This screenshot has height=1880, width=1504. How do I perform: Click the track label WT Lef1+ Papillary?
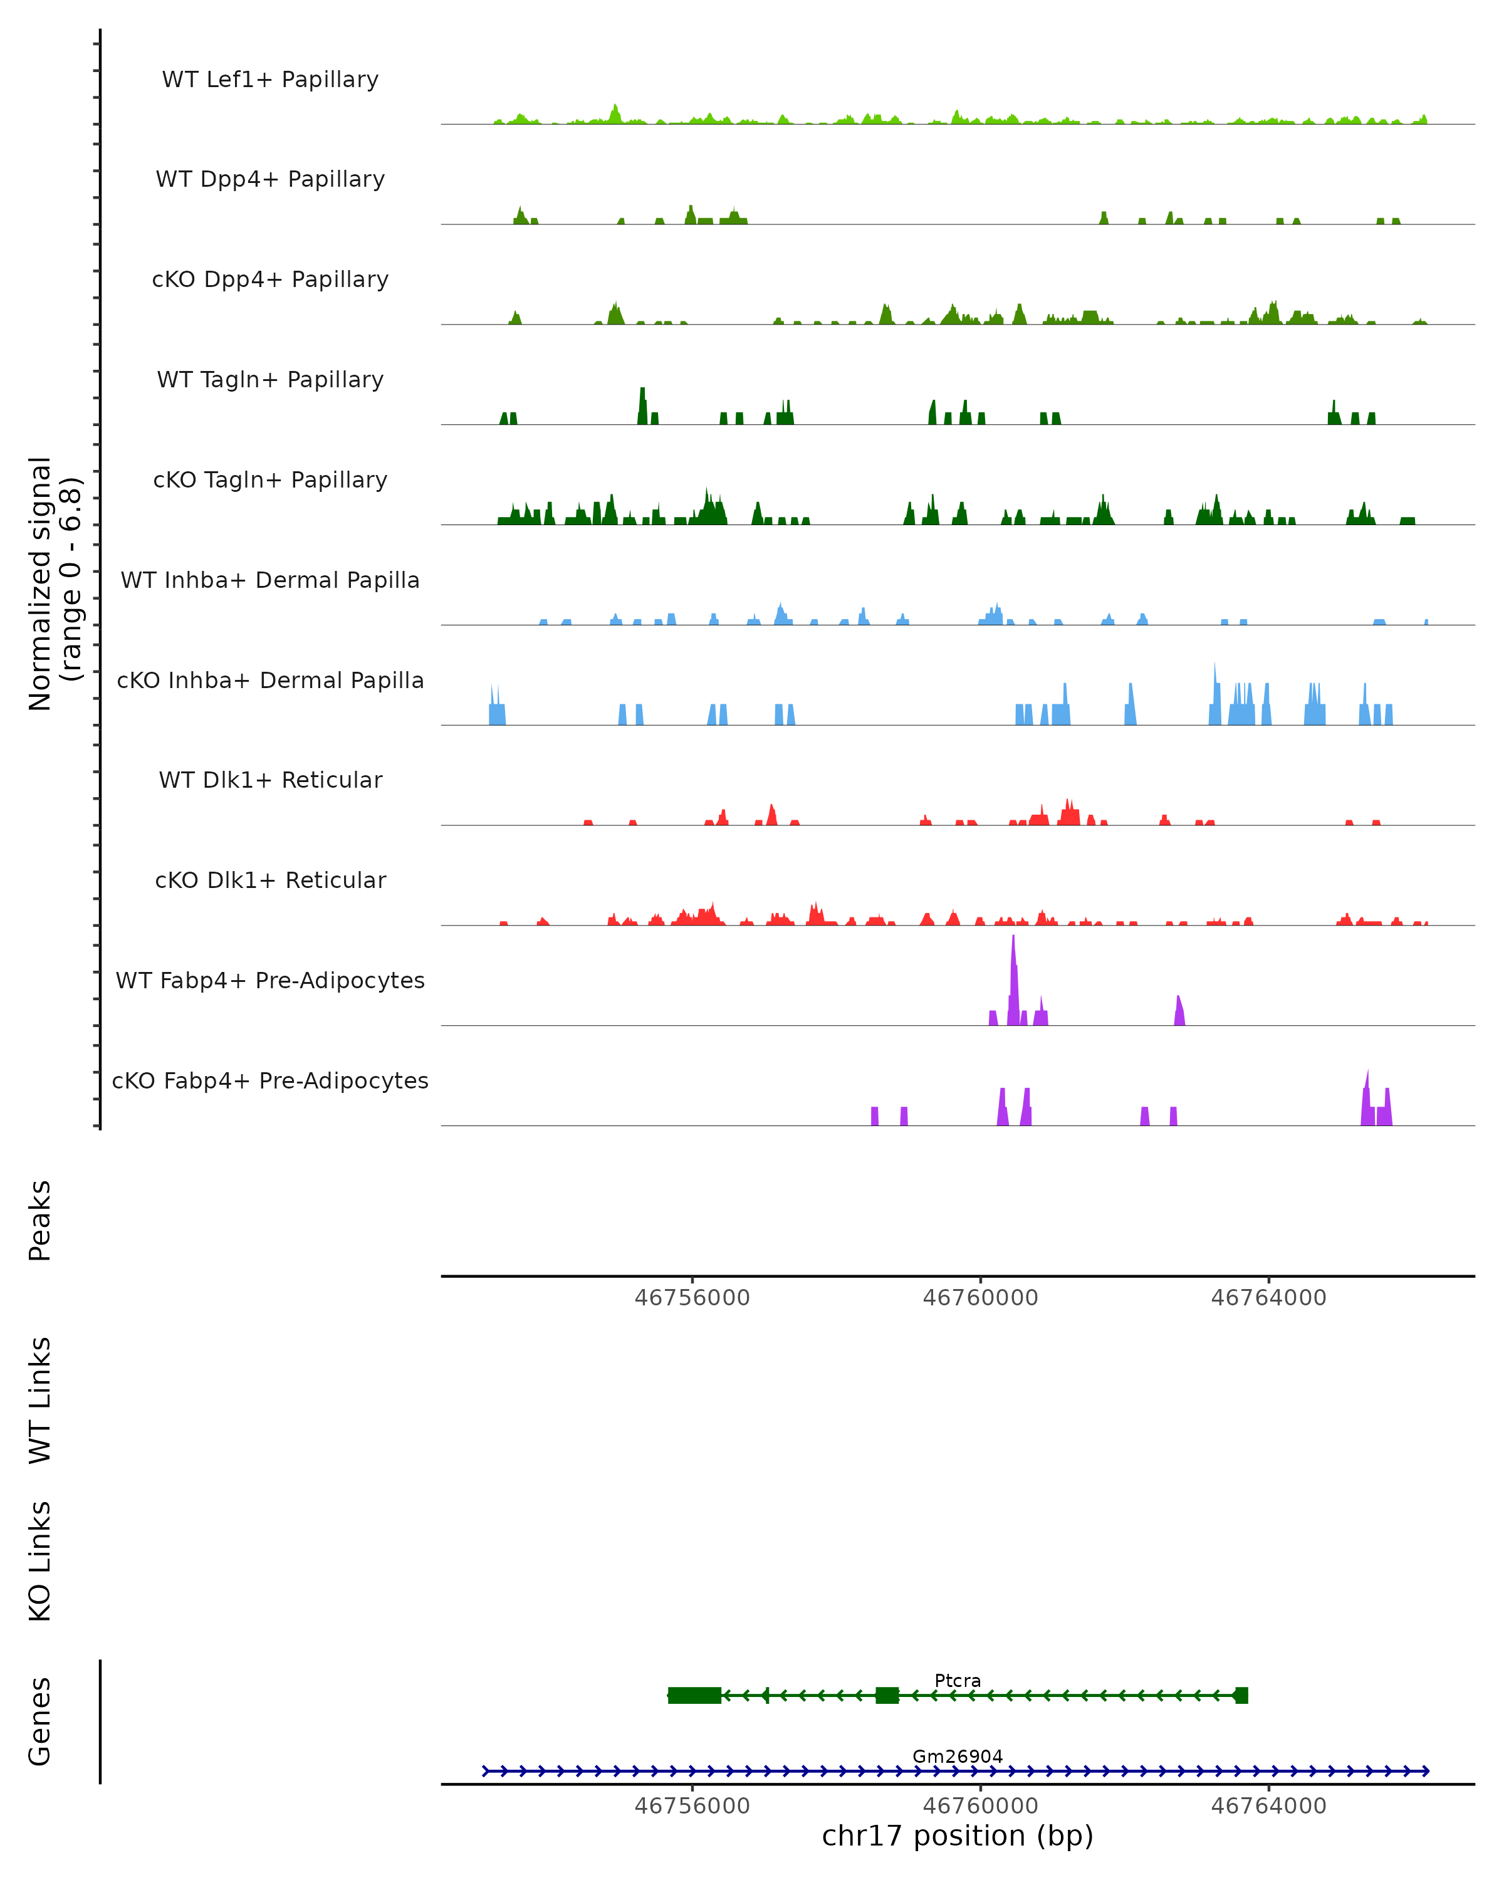[x=270, y=80]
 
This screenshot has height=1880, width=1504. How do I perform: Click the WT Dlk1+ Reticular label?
[x=270, y=780]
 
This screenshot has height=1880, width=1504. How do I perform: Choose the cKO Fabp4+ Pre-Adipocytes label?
[x=270, y=1080]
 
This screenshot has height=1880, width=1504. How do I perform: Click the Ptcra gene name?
[x=958, y=1680]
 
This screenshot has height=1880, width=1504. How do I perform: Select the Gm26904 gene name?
[x=958, y=1756]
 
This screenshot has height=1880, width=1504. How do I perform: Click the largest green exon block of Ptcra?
[x=694, y=1695]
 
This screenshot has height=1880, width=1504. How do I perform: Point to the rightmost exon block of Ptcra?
[x=1241, y=1695]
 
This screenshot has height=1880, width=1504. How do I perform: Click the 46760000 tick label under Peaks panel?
[x=980, y=1298]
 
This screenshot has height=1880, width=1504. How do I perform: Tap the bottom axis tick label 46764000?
[x=1268, y=1806]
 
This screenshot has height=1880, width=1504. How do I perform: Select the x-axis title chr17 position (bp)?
[x=958, y=1836]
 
